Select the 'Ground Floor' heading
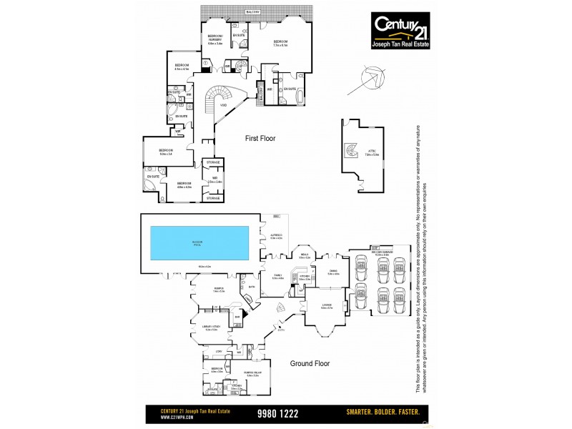[x=309, y=363]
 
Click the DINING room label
[x=333, y=272]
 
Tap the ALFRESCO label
[x=277, y=235]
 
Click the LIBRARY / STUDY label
[x=211, y=328]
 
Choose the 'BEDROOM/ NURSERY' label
[x=215, y=39]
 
